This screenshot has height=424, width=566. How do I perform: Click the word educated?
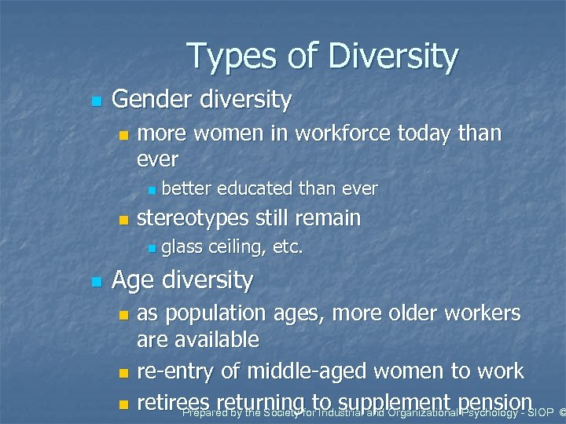click(251, 188)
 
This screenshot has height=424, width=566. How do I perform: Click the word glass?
click(182, 247)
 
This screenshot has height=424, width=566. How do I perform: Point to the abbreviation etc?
click(288, 247)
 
